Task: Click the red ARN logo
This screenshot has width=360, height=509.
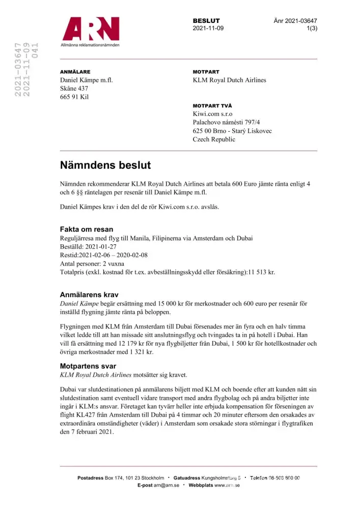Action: click(91, 30)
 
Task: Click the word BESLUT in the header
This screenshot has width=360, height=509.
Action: click(206, 21)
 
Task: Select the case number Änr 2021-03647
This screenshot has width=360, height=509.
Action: click(295, 21)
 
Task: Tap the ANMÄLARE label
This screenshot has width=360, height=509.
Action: click(75, 72)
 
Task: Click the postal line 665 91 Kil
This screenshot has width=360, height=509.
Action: click(74, 97)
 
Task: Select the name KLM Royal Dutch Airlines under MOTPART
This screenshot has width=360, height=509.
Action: click(229, 80)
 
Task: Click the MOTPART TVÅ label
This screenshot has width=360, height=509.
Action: click(212, 105)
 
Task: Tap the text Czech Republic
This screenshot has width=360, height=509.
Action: click(214, 139)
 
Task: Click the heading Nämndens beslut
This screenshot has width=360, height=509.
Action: click(105, 165)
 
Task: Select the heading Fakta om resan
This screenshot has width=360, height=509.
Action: click(87, 229)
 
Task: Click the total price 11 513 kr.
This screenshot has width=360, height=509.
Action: click(261, 272)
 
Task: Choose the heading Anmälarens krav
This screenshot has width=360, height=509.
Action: click(89, 294)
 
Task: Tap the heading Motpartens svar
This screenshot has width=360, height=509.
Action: click(88, 365)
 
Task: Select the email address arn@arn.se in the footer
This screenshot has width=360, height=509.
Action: click(167, 486)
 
